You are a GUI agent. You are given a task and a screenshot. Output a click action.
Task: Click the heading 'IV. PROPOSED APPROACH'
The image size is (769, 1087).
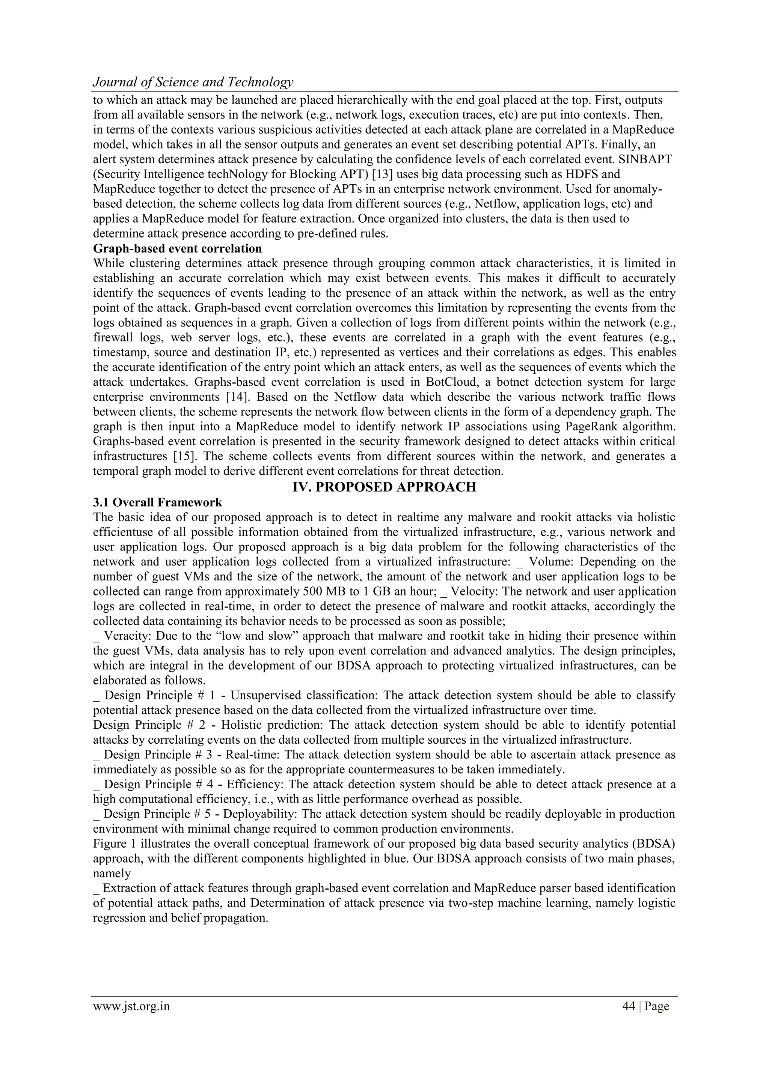tap(384, 487)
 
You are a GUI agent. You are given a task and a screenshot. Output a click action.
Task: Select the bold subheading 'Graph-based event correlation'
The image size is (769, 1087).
tap(177, 248)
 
